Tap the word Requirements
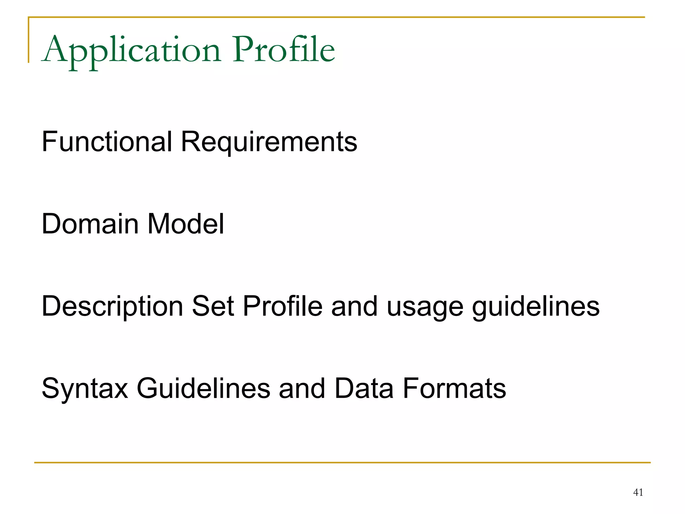(269, 142)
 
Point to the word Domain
(90, 224)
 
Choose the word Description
(112, 307)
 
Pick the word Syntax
(85, 389)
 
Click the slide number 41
(638, 492)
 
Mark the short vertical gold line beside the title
(29, 40)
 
